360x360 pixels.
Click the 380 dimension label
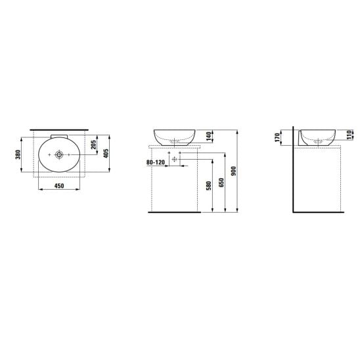click(18, 154)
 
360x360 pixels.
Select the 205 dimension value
click(94, 145)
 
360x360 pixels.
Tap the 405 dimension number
click(106, 153)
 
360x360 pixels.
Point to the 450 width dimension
click(59, 185)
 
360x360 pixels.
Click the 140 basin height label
click(208, 136)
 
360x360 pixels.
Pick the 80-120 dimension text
click(156, 162)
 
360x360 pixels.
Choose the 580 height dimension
click(209, 186)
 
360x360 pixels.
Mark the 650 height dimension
click(221, 183)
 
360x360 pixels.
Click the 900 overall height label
click(234, 171)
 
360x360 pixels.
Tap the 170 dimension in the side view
click(277, 137)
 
